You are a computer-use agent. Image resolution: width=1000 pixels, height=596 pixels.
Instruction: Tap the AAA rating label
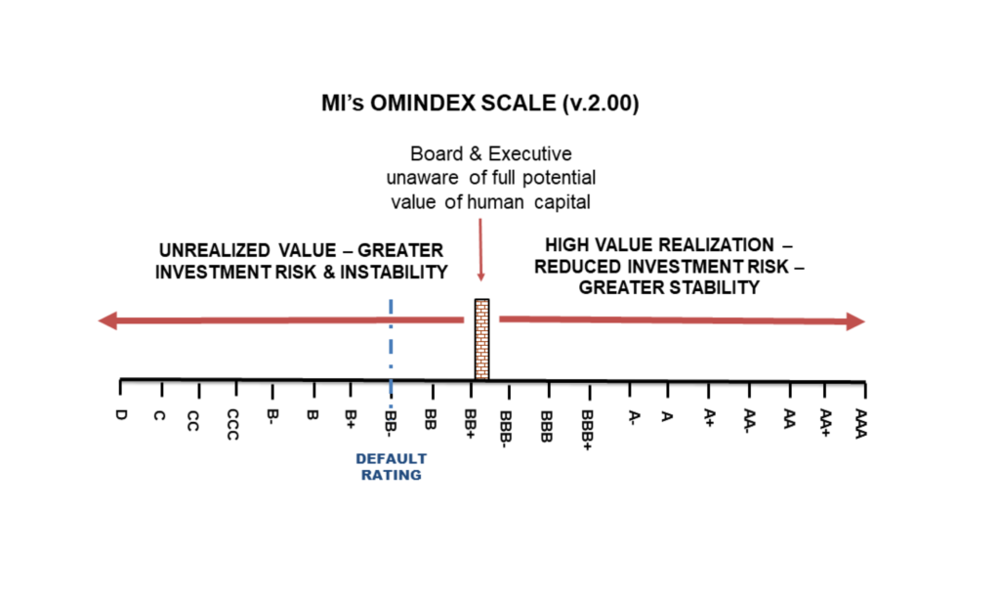tap(861, 423)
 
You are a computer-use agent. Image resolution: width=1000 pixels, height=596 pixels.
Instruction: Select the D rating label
tap(121, 415)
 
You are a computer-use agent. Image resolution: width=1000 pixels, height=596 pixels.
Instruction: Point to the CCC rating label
tap(232, 424)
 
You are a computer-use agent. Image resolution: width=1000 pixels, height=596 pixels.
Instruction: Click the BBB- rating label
tap(506, 430)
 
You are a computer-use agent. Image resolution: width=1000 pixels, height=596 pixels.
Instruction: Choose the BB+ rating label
tap(471, 424)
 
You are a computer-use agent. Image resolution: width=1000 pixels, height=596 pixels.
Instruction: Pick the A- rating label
tap(633, 418)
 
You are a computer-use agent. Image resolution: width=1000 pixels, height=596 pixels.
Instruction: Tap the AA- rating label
tap(750, 421)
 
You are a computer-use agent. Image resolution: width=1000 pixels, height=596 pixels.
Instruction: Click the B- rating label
tap(273, 416)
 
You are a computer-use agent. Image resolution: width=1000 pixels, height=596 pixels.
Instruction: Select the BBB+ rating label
tap(587, 430)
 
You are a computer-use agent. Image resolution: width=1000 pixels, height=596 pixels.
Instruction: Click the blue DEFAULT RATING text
tap(391, 467)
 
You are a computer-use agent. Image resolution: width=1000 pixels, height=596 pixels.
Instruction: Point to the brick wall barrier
tap(482, 339)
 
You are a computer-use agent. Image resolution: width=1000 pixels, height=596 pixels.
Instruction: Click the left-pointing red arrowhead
tap(107, 320)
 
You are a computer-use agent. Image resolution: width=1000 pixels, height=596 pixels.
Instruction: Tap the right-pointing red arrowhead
tap(855, 321)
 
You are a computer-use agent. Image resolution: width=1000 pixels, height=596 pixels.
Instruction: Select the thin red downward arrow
tap(480, 249)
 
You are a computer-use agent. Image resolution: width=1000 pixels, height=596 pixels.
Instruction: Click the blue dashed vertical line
tap(391, 353)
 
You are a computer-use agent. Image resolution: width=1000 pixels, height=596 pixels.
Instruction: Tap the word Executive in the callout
tap(530, 153)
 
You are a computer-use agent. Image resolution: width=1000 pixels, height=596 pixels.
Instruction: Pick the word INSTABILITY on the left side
tap(394, 273)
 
